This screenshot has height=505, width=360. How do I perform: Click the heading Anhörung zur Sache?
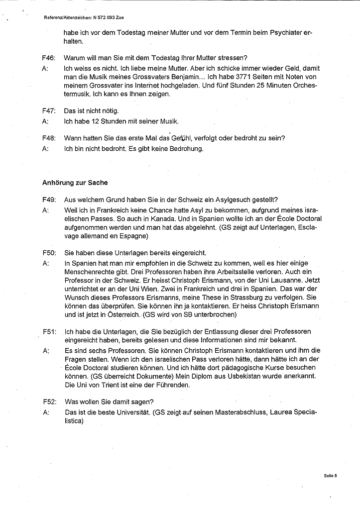click(75, 183)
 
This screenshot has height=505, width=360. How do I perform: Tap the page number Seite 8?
click(330, 476)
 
